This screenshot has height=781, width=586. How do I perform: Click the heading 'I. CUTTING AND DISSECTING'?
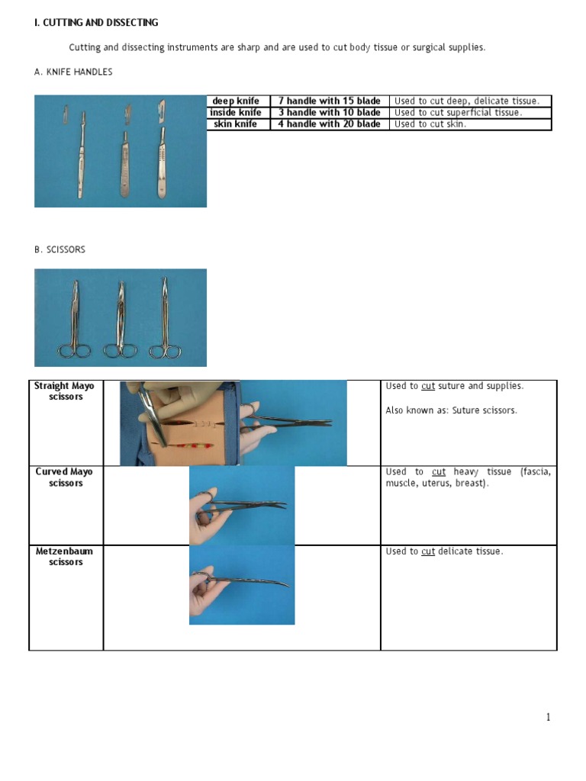point(96,23)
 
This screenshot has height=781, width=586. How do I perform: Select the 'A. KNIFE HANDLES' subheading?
point(73,72)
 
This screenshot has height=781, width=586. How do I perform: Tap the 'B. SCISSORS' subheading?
point(60,249)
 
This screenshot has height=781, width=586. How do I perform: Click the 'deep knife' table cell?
point(236,101)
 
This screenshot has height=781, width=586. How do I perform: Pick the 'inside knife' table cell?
point(236,112)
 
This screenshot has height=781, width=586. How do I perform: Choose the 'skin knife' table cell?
point(236,124)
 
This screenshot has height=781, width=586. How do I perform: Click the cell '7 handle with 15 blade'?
point(329,101)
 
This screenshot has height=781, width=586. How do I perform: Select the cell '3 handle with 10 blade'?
point(329,112)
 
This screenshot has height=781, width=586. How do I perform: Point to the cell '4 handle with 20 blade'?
point(329,124)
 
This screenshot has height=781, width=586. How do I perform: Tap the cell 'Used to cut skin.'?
point(430,124)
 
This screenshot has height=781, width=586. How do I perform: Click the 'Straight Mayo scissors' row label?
point(65,391)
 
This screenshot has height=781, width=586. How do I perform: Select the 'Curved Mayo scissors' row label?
point(65,477)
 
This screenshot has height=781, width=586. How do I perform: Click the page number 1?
point(548,717)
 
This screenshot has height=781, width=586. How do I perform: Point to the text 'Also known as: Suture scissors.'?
point(451,410)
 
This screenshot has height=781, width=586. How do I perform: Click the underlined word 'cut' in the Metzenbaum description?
point(428,551)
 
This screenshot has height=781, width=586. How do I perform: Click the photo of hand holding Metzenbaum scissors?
point(242,585)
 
